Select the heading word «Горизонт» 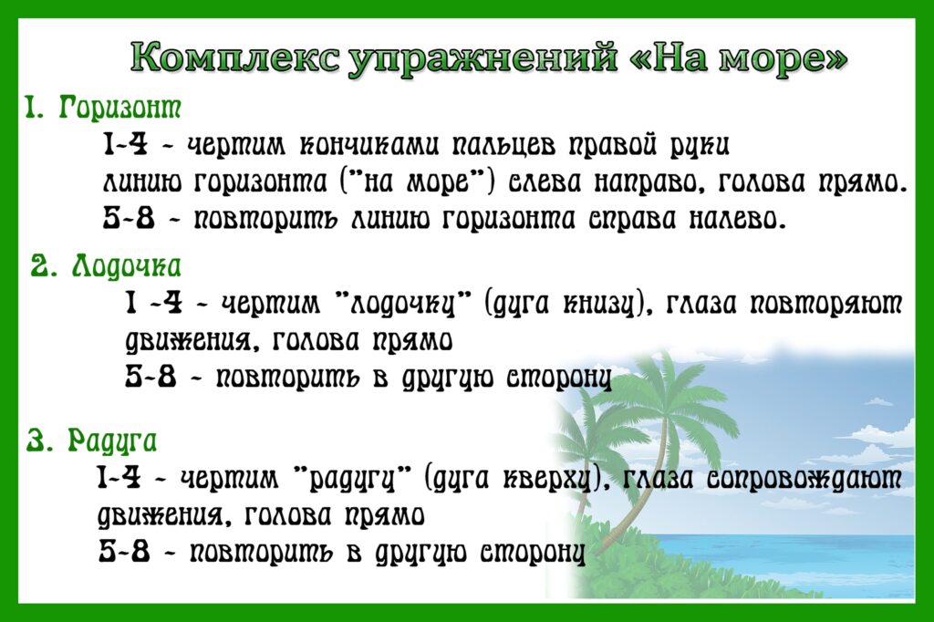[x=119, y=109]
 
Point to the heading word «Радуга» [x=112, y=442]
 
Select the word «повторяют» [x=825, y=305]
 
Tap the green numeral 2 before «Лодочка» [x=39, y=267]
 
